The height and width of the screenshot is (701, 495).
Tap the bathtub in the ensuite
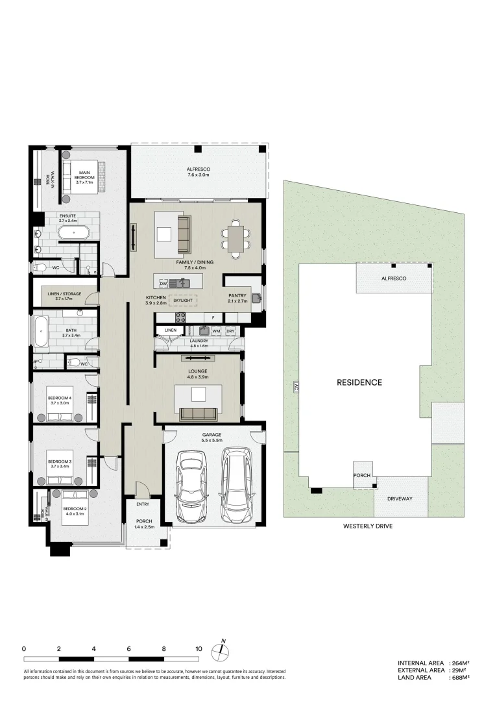point(73,232)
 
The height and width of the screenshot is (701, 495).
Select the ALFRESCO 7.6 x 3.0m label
point(199,171)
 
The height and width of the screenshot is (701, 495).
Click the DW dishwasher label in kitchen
point(163,284)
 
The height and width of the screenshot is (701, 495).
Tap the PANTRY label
point(237,297)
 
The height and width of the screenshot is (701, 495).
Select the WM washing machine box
point(215,331)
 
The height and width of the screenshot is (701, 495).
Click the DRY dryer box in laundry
point(230,331)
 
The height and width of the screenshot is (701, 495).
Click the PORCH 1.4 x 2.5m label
point(143,524)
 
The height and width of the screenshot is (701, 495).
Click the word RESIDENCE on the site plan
point(359,382)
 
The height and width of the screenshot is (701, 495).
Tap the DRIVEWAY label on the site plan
point(400,498)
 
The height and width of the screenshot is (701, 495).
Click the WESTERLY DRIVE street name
point(368,526)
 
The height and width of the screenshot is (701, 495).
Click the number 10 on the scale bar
point(199,648)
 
